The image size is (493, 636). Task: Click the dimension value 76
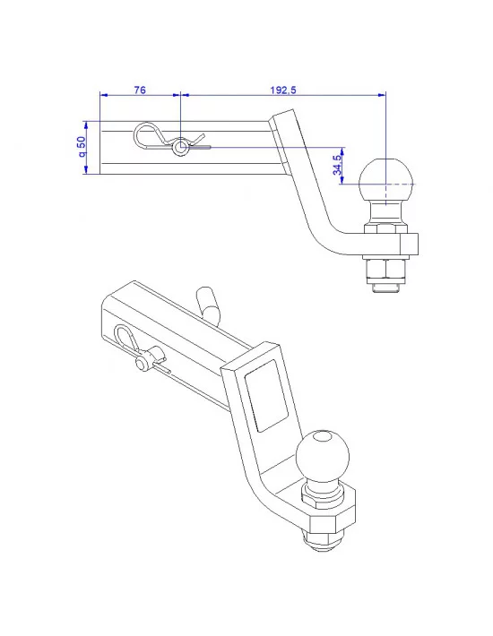(x=139, y=90)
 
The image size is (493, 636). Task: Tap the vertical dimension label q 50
(x=82, y=148)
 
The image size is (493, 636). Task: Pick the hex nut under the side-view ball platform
(x=385, y=267)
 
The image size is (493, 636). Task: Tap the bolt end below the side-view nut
(x=385, y=288)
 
